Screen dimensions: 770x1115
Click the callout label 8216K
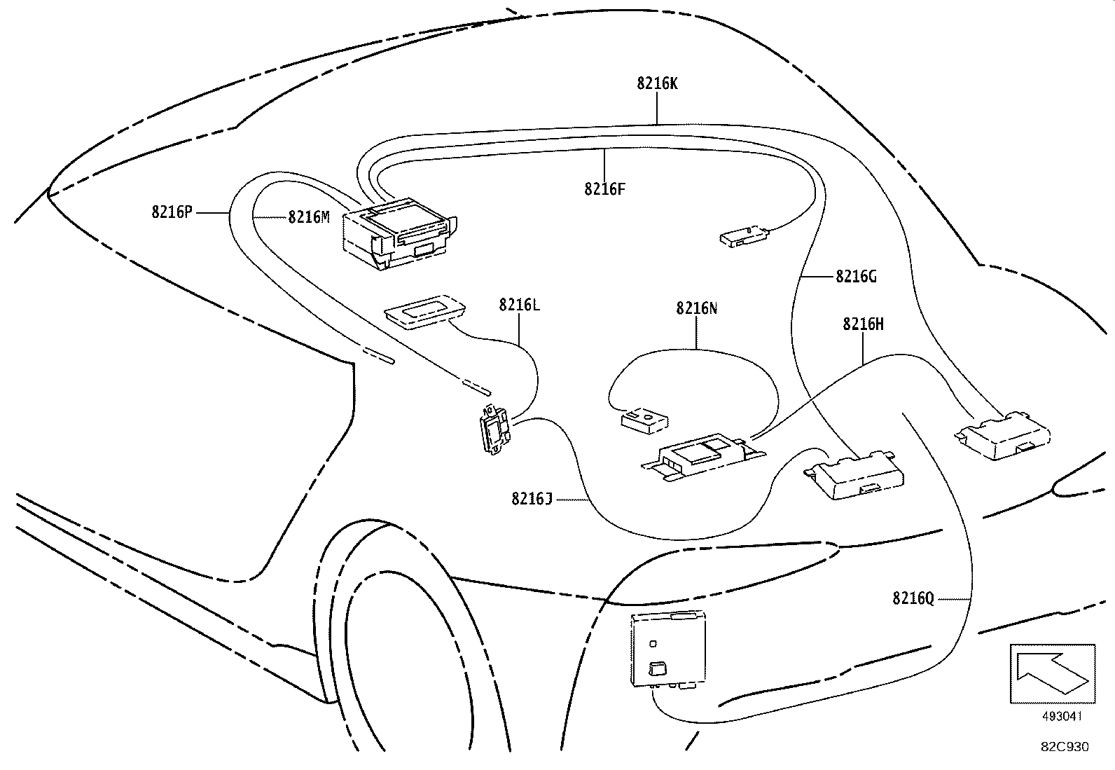point(657,84)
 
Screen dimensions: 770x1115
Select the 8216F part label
point(604,189)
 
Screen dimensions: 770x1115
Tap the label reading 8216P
point(171,212)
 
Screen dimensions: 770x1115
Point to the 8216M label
point(308,217)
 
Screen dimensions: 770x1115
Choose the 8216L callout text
point(519,305)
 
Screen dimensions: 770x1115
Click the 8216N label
point(696,308)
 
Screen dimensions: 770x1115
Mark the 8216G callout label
point(856,277)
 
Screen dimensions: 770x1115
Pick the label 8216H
point(863,324)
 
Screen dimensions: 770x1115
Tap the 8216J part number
point(532,499)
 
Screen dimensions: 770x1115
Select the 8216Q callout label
point(913,598)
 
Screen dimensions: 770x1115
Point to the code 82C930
point(1064,747)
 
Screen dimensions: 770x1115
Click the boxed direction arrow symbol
point(1052,673)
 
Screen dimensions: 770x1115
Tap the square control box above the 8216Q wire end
point(668,648)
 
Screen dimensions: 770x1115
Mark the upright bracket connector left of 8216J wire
point(494,429)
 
